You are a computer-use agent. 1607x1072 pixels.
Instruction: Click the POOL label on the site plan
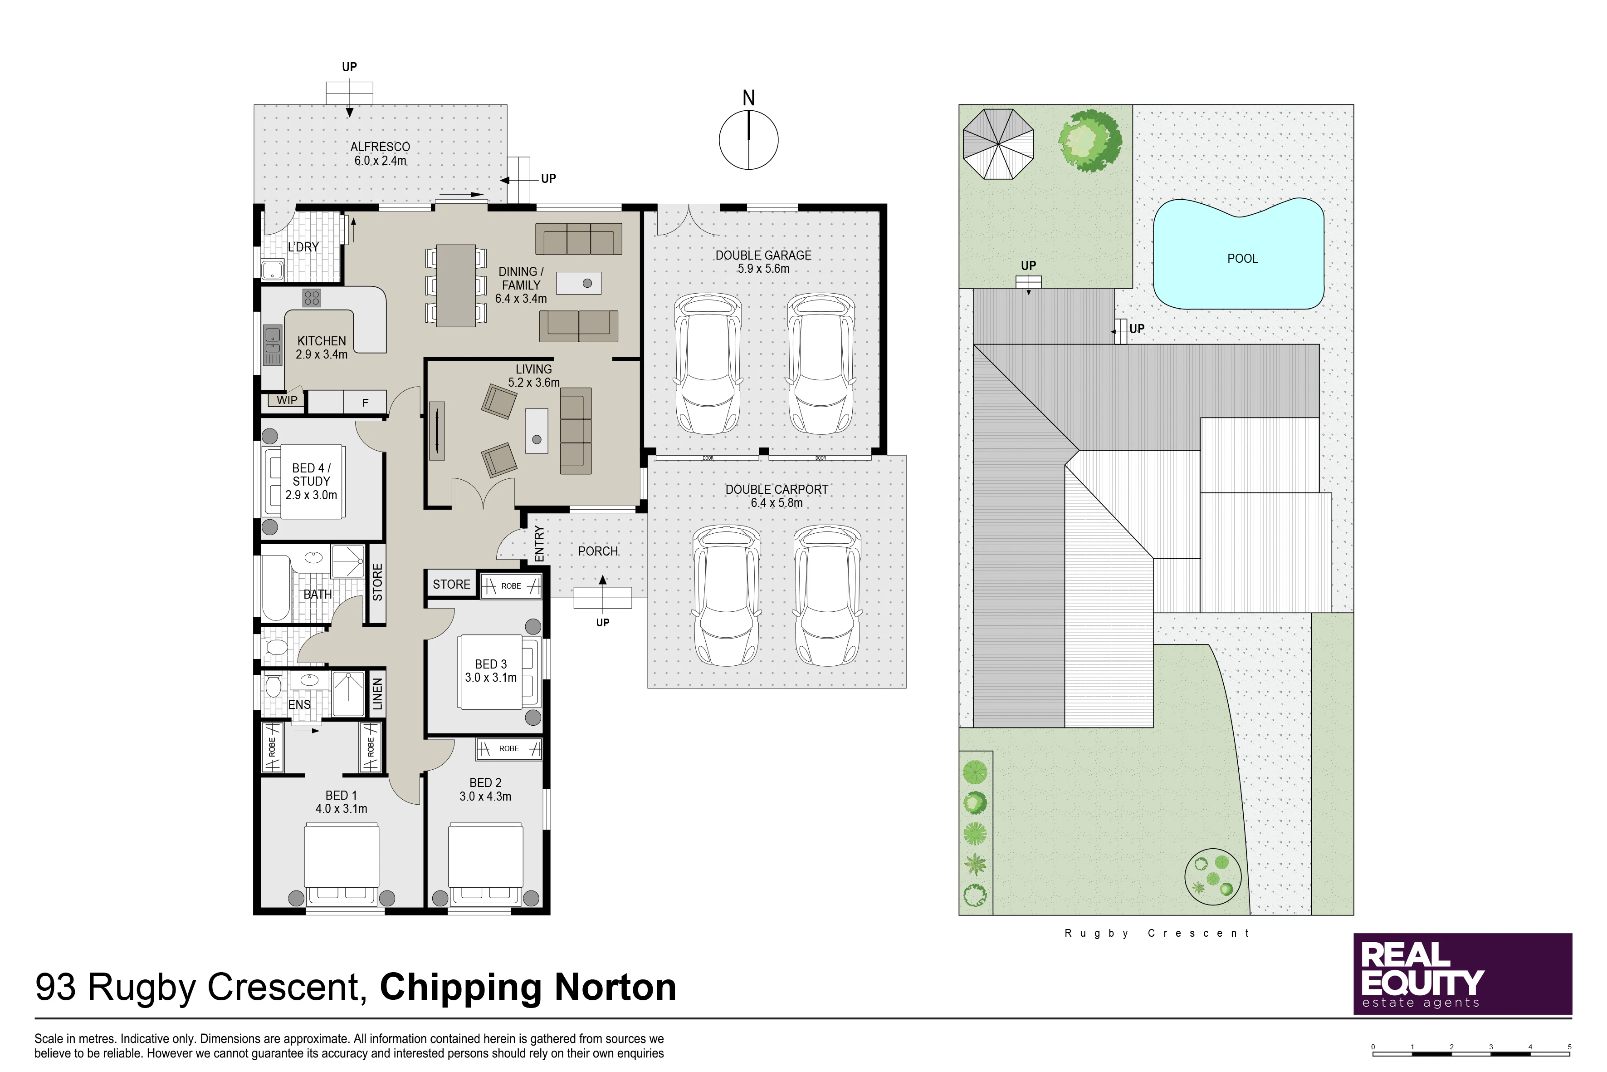(1242, 258)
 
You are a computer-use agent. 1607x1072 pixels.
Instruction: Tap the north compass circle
(749, 140)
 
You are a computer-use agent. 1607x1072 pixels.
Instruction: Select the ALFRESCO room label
(380, 147)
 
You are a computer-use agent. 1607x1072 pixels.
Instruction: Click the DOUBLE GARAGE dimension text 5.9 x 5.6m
(763, 269)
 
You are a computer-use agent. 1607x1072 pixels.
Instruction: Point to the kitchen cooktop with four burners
(312, 298)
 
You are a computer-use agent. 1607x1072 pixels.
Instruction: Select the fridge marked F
(365, 403)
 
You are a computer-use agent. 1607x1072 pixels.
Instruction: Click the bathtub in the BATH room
(275, 588)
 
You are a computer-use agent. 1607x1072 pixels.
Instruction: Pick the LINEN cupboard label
(377, 694)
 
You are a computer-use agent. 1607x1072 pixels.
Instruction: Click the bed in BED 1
(341, 865)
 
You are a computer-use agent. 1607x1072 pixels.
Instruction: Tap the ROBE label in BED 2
(509, 748)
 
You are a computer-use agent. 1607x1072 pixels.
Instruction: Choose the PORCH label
(598, 551)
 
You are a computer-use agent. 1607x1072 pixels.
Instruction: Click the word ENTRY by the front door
(540, 544)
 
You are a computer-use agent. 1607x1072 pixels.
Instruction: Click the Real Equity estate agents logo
(1463, 974)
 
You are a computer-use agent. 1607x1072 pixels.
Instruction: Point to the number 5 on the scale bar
(1569, 1047)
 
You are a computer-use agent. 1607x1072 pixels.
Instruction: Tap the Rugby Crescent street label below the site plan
(1157, 933)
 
